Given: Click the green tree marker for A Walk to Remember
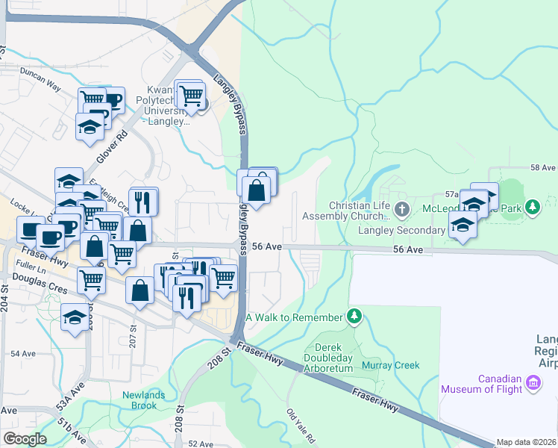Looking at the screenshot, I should click(x=355, y=317).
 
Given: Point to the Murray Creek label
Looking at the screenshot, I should click(x=391, y=365).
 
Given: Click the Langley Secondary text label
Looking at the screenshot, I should click(x=401, y=230).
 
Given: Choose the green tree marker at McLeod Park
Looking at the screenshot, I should click(x=533, y=206).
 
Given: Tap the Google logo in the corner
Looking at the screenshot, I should click(x=25, y=439).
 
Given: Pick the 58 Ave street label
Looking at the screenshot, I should click(x=543, y=169).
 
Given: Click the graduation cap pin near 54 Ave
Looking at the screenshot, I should click(x=74, y=318).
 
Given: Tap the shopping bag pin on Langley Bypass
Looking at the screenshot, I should click(x=257, y=190).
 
